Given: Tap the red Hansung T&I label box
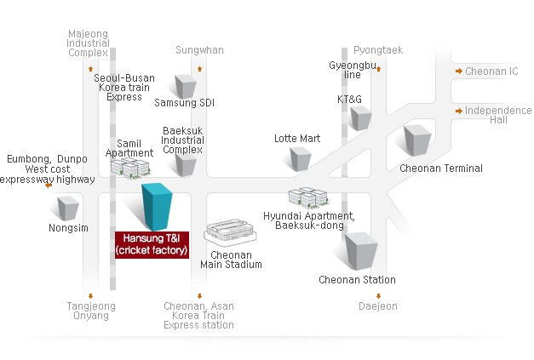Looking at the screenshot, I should [x=152, y=243].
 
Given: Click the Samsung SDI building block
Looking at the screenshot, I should [x=185, y=85].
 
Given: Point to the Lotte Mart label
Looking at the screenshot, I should [x=296, y=138].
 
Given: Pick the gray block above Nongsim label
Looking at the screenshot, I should [x=67, y=207].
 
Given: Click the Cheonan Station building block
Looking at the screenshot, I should [x=360, y=250].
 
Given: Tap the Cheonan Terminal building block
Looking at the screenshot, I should [x=417, y=140].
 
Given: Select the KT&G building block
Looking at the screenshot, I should [x=360, y=117].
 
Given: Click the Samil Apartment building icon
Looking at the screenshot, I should [x=129, y=168].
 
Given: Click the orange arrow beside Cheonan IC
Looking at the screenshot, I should [x=458, y=71].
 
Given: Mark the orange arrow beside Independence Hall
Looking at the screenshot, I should [x=458, y=111].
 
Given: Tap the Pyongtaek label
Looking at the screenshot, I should [x=377, y=50].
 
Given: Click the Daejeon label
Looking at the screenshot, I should [x=377, y=306].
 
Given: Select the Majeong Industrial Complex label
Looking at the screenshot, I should [x=89, y=43].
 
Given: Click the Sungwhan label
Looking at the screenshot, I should [x=199, y=50].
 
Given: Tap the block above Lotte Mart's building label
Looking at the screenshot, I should [x=300, y=158].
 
